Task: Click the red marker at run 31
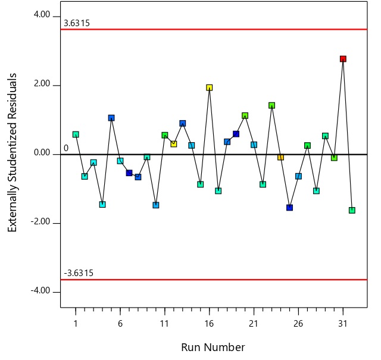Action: click(343, 59)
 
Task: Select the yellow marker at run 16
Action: click(210, 87)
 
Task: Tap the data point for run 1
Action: click(76, 134)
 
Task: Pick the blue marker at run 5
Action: click(111, 118)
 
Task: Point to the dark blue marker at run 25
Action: click(289, 208)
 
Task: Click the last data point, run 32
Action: click(352, 210)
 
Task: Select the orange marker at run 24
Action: click(280, 157)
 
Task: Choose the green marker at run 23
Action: click(271, 105)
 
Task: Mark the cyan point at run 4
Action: click(102, 204)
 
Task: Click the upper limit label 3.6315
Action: click(77, 24)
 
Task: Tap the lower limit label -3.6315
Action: click(79, 273)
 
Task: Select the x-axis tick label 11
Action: click(164, 323)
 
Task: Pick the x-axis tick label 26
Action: click(298, 323)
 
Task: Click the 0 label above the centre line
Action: click(66, 148)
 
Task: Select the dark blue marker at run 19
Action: click(236, 134)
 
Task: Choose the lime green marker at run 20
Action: click(245, 115)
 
